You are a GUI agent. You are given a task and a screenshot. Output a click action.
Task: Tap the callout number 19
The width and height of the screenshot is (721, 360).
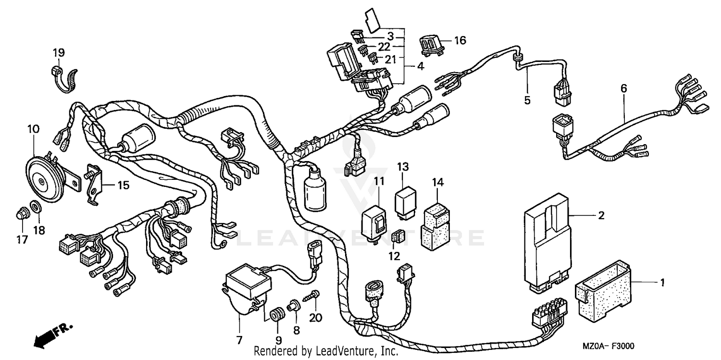[59, 52]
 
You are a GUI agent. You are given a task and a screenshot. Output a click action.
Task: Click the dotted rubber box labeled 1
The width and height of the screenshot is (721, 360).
[603, 289]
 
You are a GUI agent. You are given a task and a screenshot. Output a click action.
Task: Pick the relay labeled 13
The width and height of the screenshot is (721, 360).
[405, 200]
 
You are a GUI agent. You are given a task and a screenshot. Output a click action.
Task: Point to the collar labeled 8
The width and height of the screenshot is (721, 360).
[293, 306]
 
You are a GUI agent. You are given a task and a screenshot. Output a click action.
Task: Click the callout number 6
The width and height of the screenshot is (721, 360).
[624, 88]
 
